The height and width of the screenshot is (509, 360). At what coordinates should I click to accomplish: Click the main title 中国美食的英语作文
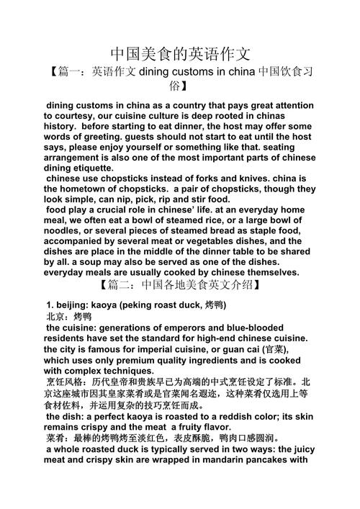180,54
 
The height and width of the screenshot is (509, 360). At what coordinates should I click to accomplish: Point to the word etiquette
102,168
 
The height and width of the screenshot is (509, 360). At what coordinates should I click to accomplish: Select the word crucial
116,210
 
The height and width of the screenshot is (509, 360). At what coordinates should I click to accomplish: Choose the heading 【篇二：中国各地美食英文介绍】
180,286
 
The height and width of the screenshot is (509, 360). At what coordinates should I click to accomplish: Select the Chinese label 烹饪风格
69,381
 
